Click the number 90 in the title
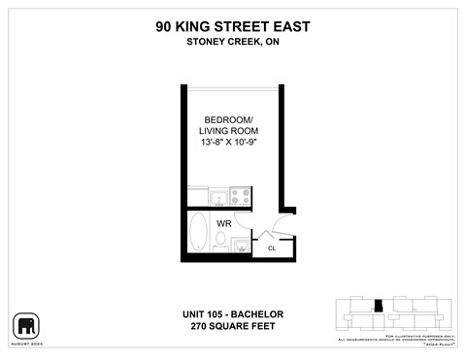click(165, 27)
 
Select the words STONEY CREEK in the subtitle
click(222, 41)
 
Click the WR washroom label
click(222, 223)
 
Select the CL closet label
click(272, 247)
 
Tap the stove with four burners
click(240, 198)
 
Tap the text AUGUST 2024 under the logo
click(26, 344)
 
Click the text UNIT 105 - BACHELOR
click(232, 313)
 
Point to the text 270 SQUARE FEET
click(232, 326)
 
